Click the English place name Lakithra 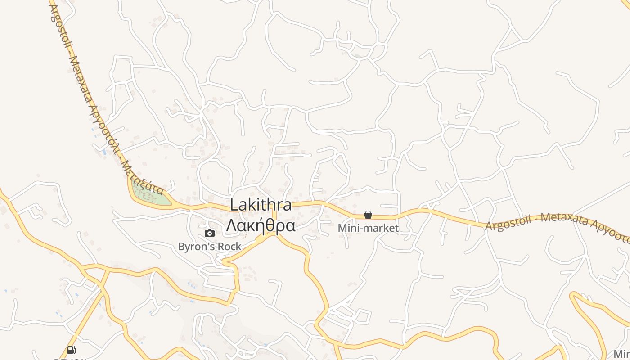tap(261, 205)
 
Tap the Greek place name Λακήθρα tap(261, 225)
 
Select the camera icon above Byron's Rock tap(210, 233)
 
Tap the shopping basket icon tap(368, 215)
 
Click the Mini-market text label tap(368, 228)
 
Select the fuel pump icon tap(71, 350)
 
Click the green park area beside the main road tap(151, 195)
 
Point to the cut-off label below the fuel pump tap(70, 359)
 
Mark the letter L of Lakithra tap(234, 205)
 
